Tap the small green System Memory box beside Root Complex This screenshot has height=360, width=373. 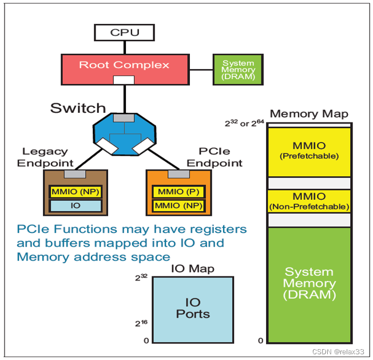click(x=238, y=69)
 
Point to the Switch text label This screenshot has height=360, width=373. click(x=78, y=108)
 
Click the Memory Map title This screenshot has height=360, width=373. click(x=309, y=113)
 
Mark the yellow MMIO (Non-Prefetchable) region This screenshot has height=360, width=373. click(x=309, y=201)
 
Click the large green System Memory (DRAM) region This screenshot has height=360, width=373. click(x=309, y=283)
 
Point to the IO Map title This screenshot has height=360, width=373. click(x=193, y=268)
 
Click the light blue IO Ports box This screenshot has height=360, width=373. click(x=193, y=309)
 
